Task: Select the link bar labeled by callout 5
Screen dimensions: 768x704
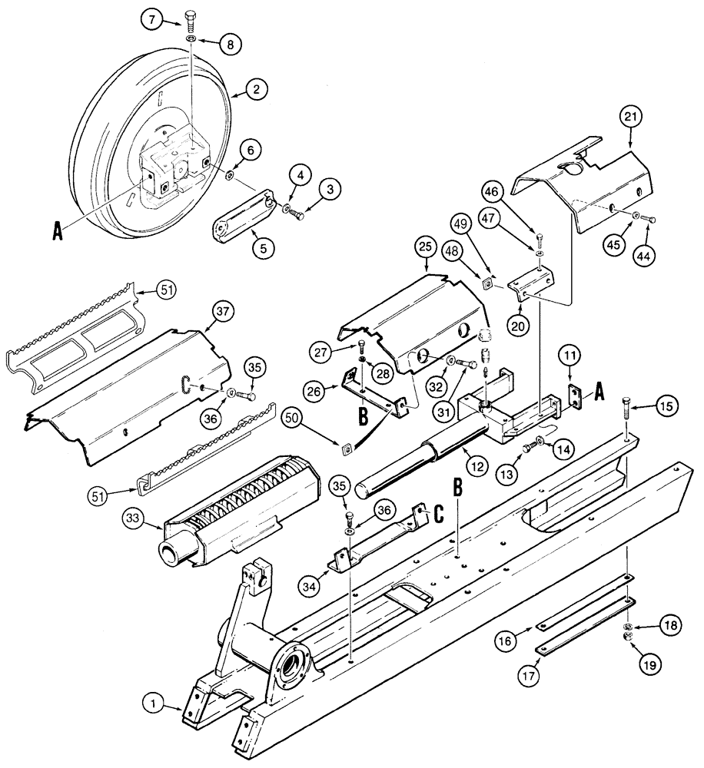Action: point(239,221)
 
